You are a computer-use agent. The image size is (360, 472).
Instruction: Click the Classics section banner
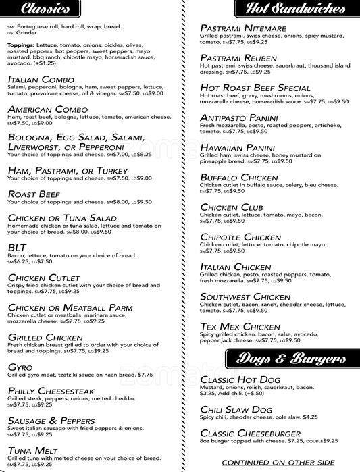click(45, 9)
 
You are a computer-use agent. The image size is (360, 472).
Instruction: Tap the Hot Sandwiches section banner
click(295, 9)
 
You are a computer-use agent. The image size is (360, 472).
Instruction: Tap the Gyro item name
click(20, 366)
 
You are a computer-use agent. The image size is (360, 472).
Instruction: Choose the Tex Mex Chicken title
click(240, 326)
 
